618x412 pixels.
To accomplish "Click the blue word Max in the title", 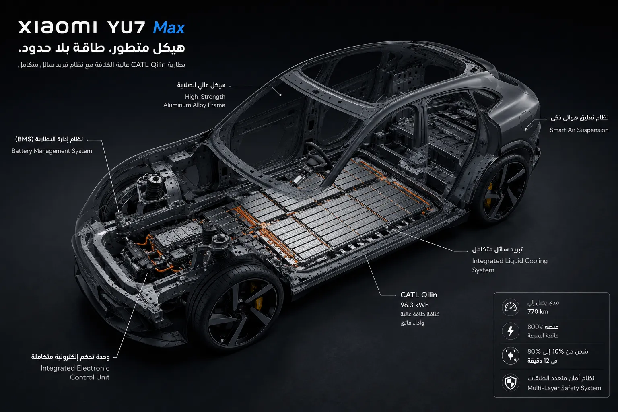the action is [169, 28].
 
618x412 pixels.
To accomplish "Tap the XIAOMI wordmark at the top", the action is [58, 27].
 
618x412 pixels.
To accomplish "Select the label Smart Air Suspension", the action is [579, 130].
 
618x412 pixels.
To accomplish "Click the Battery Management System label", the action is [52, 151].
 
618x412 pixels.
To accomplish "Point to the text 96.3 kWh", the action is [415, 305].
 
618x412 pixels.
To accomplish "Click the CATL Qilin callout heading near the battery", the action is [418, 295].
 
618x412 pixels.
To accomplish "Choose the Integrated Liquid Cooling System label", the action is [510, 265].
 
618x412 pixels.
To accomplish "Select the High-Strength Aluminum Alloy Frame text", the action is [194, 101].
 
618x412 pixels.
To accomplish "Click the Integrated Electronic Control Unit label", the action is [75, 373].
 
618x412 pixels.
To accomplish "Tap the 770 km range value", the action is [538, 311].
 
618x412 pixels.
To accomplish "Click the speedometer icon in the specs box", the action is [511, 307].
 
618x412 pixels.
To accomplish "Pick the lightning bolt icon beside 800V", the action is [511, 331].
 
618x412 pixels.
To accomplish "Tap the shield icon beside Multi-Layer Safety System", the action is [511, 383].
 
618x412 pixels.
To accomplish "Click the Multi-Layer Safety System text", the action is [564, 388].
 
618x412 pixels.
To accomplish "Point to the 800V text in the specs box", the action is [535, 327].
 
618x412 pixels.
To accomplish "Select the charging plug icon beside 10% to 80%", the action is [511, 356].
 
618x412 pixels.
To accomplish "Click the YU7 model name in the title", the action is [126, 28].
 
